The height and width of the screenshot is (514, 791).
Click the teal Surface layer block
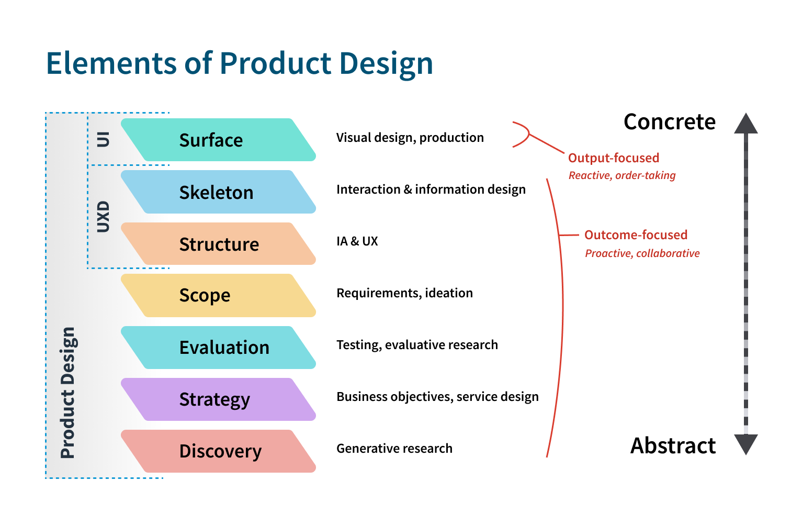tap(218, 140)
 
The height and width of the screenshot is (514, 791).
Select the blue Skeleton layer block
tap(218, 192)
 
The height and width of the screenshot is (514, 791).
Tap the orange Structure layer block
tap(218, 244)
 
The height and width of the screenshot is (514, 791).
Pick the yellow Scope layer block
tap(218, 295)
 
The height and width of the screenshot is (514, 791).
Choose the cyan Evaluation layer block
tap(218, 348)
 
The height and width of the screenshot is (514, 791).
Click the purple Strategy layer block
tap(218, 399)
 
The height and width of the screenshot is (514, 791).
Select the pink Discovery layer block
tap(218, 451)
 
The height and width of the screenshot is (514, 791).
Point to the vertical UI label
tap(104, 139)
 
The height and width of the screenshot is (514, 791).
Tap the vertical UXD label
tap(104, 216)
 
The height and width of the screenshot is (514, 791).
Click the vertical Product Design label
tap(68, 393)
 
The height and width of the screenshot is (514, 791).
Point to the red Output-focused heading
tap(613, 158)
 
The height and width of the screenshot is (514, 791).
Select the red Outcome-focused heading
tap(636, 235)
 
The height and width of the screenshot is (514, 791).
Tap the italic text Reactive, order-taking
tap(622, 176)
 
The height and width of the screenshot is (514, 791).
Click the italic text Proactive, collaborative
tap(642, 253)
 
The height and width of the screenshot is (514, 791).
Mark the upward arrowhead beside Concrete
tap(745, 124)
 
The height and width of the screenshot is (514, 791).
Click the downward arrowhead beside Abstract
tap(745, 444)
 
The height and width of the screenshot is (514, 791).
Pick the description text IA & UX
tap(357, 241)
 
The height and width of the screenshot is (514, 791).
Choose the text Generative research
tap(394, 449)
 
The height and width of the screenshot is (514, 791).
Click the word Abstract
tap(673, 446)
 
